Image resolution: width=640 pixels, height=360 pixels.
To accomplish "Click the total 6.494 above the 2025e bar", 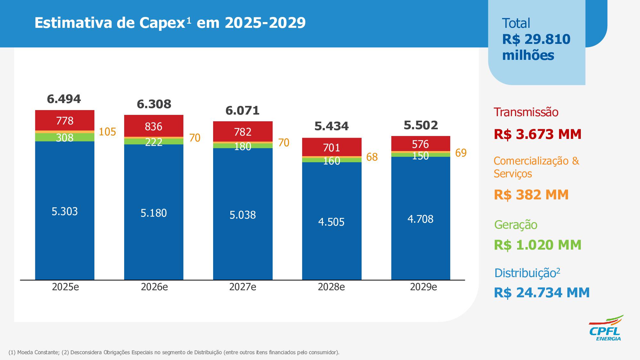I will point(64,99).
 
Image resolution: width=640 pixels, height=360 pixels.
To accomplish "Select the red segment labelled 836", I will point(154,126).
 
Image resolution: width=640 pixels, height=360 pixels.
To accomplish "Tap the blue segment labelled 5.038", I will point(243,214).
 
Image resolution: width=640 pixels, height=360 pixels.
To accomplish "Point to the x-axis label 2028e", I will point(331,287).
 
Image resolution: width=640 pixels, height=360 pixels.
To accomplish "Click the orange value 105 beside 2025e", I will point(107,132).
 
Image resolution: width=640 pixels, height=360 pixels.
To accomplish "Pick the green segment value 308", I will point(65,138).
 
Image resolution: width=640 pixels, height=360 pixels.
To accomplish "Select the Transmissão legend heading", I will point(526,112).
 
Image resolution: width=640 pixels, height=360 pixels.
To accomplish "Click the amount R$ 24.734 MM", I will point(541,292).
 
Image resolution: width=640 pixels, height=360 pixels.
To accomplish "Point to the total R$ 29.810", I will point(536,39).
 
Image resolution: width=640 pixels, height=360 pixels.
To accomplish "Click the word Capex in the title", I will point(162,23).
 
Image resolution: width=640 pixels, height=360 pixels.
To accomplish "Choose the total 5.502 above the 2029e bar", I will point(420,125).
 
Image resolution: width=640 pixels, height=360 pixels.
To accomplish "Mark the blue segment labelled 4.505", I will point(331,222).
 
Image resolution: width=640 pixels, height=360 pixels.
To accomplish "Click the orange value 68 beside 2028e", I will point(372,157).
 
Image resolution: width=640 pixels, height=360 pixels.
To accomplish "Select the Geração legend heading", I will point(516,225).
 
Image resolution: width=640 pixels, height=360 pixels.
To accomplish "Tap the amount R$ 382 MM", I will point(531,195).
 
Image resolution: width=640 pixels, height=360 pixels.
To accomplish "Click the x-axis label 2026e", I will point(154,287).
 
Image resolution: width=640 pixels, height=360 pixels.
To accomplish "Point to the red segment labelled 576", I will point(420,144).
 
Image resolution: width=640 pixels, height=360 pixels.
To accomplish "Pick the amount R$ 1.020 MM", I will point(538,245).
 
